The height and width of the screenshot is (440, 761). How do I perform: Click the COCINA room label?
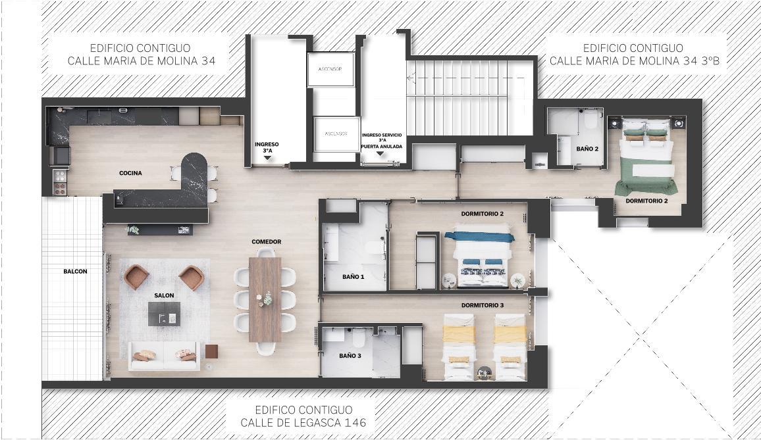(x=130, y=173)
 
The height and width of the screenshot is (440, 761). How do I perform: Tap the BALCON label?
(x=75, y=271)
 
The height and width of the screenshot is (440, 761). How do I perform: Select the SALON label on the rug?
(x=164, y=295)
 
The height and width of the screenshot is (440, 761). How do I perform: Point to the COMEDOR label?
(x=267, y=241)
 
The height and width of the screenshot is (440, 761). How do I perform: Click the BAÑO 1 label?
(x=354, y=277)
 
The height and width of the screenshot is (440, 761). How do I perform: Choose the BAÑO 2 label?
(x=587, y=149)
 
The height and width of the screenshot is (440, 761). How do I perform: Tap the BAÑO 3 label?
(x=350, y=356)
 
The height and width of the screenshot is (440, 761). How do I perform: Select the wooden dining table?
(x=265, y=299)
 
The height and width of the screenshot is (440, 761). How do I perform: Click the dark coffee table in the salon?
(x=164, y=314)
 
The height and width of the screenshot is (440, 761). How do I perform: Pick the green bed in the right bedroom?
(x=646, y=155)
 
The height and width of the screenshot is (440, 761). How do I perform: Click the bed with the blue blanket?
(x=483, y=256)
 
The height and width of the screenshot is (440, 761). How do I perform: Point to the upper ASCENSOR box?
(x=330, y=69)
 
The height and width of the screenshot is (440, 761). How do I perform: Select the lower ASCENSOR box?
(x=336, y=134)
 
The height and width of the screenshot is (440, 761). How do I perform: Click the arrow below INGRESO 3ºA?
(x=267, y=158)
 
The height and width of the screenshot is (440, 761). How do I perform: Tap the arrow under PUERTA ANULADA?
(x=380, y=154)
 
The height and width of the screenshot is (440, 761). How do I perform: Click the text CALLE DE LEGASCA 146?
(x=303, y=422)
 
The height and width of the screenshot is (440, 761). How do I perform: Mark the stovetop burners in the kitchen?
(x=60, y=182)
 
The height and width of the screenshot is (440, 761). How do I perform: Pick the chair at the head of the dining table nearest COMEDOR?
(x=265, y=253)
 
